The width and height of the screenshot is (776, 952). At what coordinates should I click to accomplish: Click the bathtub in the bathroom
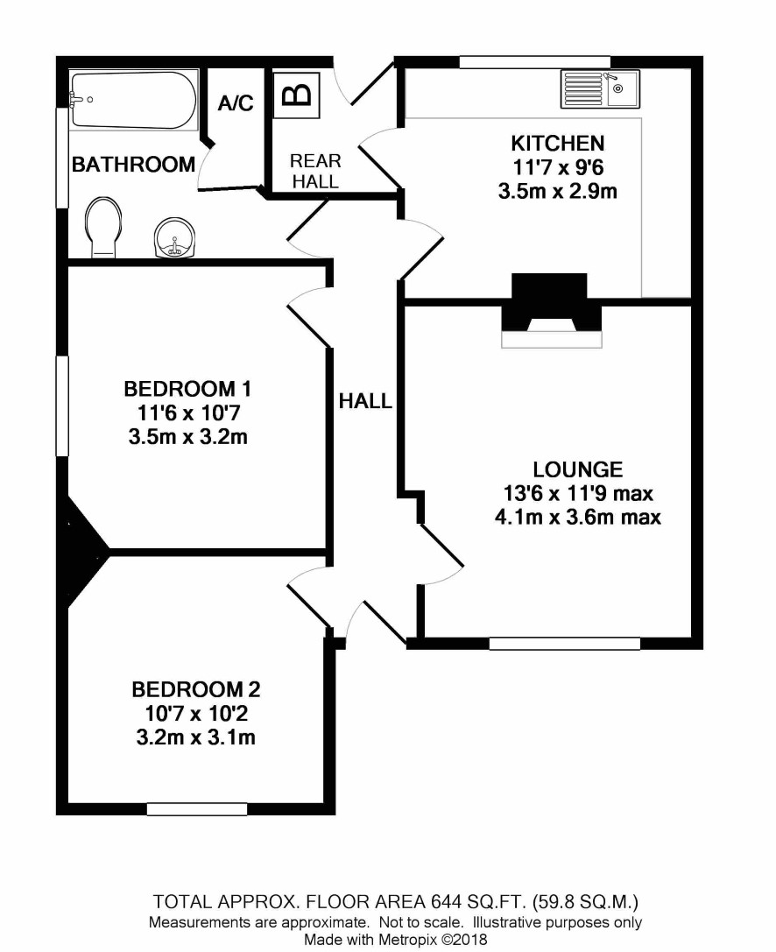[x=134, y=100]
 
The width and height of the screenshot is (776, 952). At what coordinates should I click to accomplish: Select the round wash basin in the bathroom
[x=175, y=238]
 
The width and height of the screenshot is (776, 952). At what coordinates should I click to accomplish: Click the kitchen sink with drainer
[x=600, y=89]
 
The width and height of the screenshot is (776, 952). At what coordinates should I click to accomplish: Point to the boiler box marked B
[x=296, y=95]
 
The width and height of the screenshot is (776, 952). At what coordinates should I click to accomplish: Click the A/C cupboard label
[x=236, y=103]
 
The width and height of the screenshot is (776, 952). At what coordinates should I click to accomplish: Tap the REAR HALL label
[x=315, y=171]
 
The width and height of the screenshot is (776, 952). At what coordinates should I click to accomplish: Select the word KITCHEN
[x=557, y=144]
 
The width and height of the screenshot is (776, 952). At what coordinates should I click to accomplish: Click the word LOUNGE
[x=577, y=469]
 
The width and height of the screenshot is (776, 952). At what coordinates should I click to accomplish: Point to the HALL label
[x=365, y=401]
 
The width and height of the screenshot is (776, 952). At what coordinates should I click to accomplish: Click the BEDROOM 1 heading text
[x=187, y=389]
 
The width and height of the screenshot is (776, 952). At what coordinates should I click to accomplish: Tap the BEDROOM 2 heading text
[x=195, y=689]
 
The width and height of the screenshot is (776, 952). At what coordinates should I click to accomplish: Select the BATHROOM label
[x=134, y=164]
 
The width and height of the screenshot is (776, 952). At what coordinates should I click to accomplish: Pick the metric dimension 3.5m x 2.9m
[x=557, y=191]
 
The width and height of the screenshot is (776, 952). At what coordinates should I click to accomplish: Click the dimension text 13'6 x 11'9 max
[x=577, y=493]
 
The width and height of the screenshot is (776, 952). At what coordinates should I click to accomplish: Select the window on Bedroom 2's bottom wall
[x=197, y=808]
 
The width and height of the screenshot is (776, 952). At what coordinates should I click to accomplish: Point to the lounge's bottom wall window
[x=565, y=644]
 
